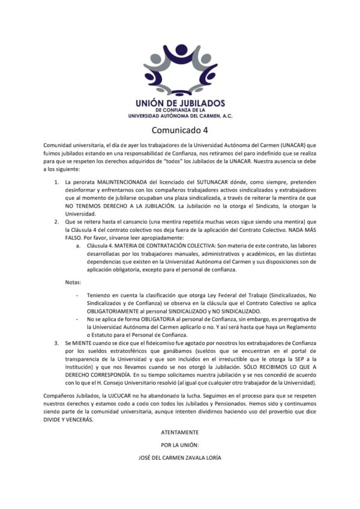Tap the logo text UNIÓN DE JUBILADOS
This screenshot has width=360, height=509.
tap(180, 103)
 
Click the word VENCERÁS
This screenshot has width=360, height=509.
tap(80, 421)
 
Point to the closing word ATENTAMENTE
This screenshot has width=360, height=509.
tap(180, 432)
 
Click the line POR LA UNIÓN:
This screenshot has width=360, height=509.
tap(180, 445)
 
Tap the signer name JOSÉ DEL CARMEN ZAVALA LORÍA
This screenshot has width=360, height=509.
tap(180, 458)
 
